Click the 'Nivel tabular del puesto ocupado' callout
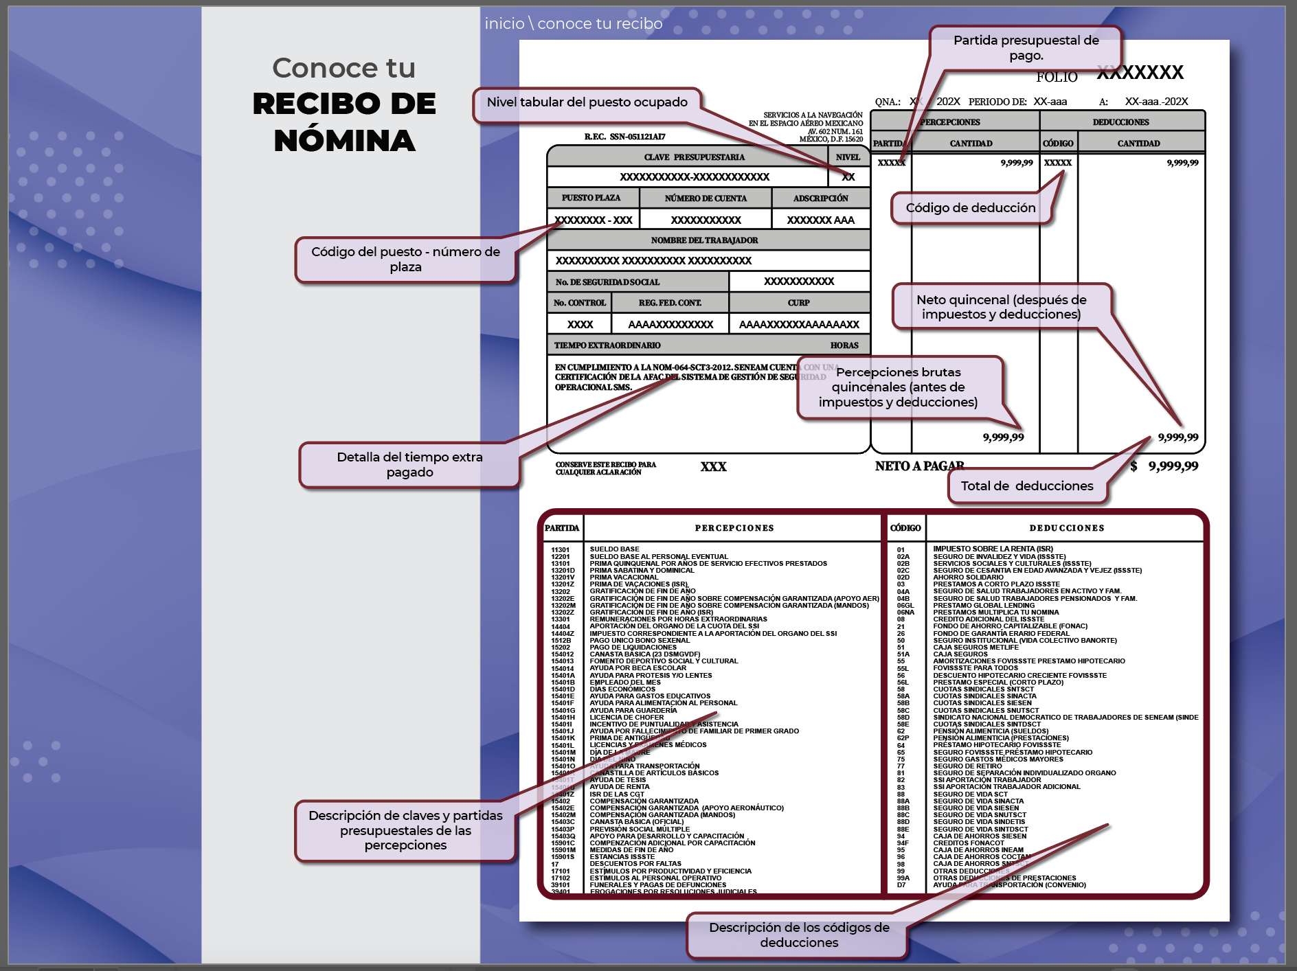(587, 103)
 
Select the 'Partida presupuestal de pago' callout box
(1026, 47)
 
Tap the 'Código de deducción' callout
(970, 208)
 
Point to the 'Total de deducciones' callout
(1026, 486)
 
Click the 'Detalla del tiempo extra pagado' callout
(409, 465)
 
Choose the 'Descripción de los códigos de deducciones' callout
(798, 935)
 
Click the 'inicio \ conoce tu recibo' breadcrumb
(573, 24)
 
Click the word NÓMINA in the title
(344, 141)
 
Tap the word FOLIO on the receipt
(1057, 77)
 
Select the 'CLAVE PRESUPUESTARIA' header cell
(694, 157)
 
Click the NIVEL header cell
(848, 157)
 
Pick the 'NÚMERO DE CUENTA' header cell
(706, 198)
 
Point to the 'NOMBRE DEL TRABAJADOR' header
(704, 240)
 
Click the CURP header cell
(798, 303)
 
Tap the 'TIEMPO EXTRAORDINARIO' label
(607, 345)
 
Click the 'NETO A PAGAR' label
(919, 466)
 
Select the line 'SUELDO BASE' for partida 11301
(614, 549)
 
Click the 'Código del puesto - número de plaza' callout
(405, 260)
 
